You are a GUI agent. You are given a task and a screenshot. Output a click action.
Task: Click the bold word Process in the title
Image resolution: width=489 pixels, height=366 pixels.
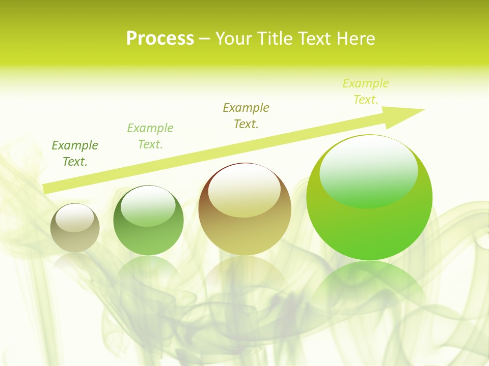(160, 39)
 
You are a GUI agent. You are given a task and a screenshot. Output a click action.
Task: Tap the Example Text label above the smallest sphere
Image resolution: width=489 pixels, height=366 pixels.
(75, 154)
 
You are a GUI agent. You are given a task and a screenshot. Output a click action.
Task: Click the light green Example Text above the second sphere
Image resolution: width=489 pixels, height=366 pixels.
(150, 136)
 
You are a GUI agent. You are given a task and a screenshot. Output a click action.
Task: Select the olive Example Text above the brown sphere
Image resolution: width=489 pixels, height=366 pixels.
(246, 116)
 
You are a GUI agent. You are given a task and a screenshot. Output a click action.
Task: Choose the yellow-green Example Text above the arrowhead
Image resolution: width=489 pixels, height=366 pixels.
(366, 91)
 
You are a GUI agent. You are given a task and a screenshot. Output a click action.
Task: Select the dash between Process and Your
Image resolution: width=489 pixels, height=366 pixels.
(205, 39)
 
